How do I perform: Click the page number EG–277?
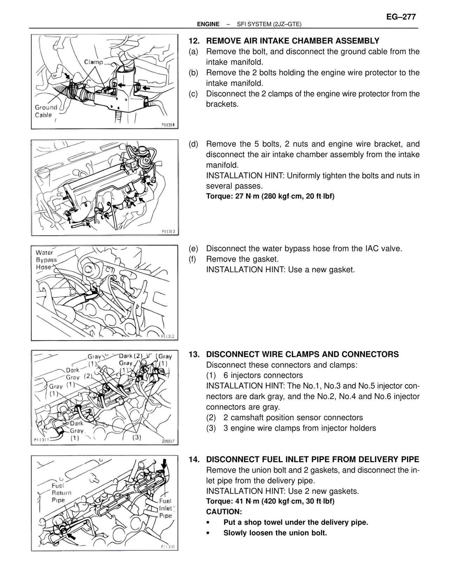click(x=401, y=17)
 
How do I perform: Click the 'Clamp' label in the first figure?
click(x=93, y=62)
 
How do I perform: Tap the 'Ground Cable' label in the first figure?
click(x=46, y=111)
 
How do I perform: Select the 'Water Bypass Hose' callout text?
click(x=46, y=260)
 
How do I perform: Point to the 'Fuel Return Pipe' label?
click(x=61, y=493)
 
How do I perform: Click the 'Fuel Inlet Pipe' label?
click(x=166, y=508)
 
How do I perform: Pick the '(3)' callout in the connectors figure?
click(x=136, y=437)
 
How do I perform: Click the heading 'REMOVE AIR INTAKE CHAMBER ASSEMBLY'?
click(x=293, y=41)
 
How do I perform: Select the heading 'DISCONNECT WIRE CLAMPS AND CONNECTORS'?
click(x=302, y=354)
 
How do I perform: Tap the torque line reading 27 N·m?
click(x=270, y=196)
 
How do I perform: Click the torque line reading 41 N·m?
click(x=270, y=501)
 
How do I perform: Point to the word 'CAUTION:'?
click(x=224, y=512)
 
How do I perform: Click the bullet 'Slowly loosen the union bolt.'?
click(x=275, y=533)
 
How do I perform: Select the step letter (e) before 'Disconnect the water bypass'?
click(x=193, y=249)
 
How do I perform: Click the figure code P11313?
click(x=170, y=232)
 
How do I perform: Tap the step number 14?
click(x=194, y=460)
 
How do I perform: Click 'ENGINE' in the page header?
click(x=208, y=24)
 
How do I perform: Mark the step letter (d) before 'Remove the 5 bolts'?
click(x=193, y=144)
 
